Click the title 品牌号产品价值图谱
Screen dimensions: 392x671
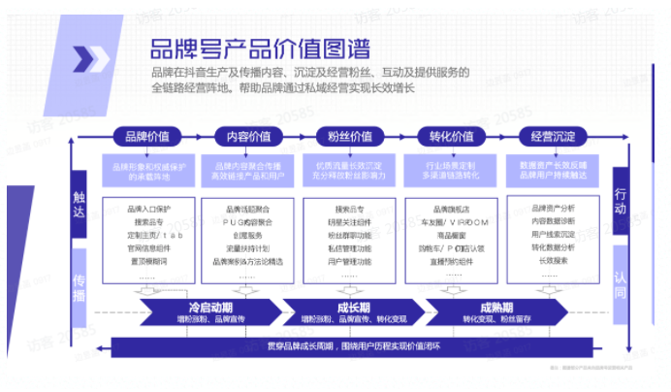point(259,48)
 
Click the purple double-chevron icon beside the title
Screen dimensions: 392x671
point(94,60)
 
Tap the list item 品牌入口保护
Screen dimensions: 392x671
point(148,208)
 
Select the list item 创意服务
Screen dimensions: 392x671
point(246,235)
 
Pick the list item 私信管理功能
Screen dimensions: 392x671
point(348,247)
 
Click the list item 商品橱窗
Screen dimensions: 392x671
point(449,235)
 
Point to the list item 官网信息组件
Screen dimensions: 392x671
point(148,247)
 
